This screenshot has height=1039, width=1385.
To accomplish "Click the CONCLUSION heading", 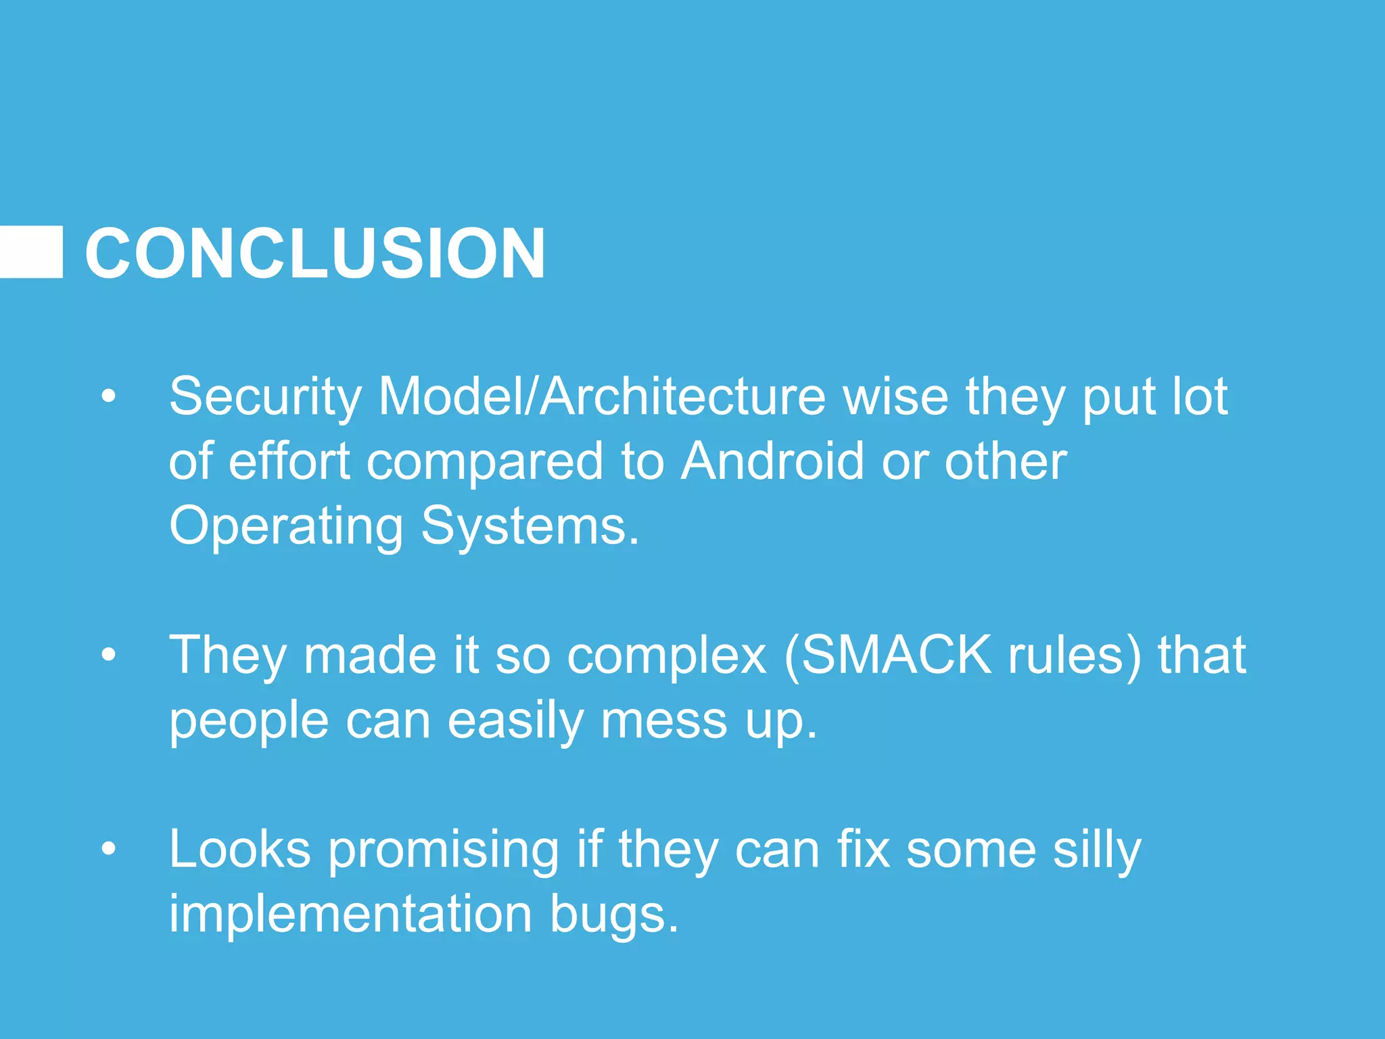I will (x=314, y=254).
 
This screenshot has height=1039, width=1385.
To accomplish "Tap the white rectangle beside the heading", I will (x=31, y=252).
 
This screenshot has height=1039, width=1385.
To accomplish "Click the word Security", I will (x=265, y=396).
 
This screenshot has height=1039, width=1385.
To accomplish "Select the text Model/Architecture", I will (x=602, y=396).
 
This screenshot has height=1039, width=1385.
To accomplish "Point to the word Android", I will (x=772, y=461).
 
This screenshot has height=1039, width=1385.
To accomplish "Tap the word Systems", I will (x=529, y=526).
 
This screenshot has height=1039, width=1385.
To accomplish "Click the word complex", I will (x=666, y=656).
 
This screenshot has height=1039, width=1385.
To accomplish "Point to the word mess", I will (x=664, y=721).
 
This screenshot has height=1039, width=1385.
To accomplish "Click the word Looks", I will (x=239, y=849).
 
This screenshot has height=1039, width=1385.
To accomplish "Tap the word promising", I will (x=444, y=850).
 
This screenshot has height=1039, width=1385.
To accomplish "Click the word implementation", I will (x=350, y=914).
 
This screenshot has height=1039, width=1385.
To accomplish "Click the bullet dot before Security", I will (x=108, y=397).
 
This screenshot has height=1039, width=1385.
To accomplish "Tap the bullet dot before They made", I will (x=108, y=655).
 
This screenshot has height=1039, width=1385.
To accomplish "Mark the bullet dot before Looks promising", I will (x=108, y=849).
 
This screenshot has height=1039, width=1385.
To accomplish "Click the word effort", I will (x=289, y=461).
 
